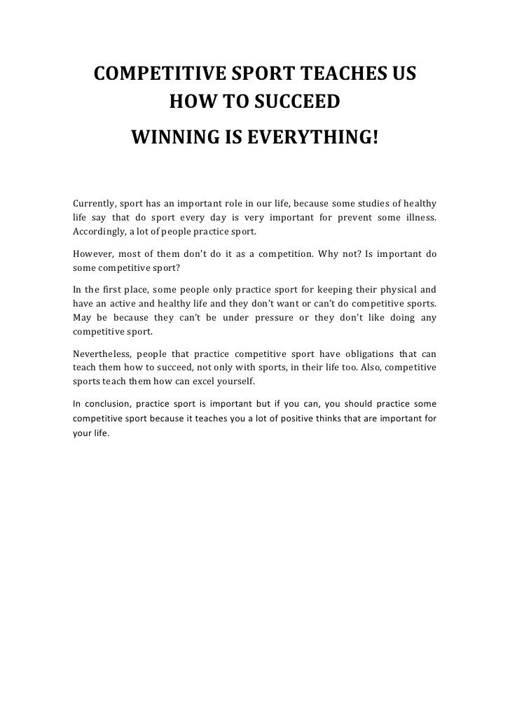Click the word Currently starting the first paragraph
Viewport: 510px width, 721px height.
(x=93, y=204)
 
